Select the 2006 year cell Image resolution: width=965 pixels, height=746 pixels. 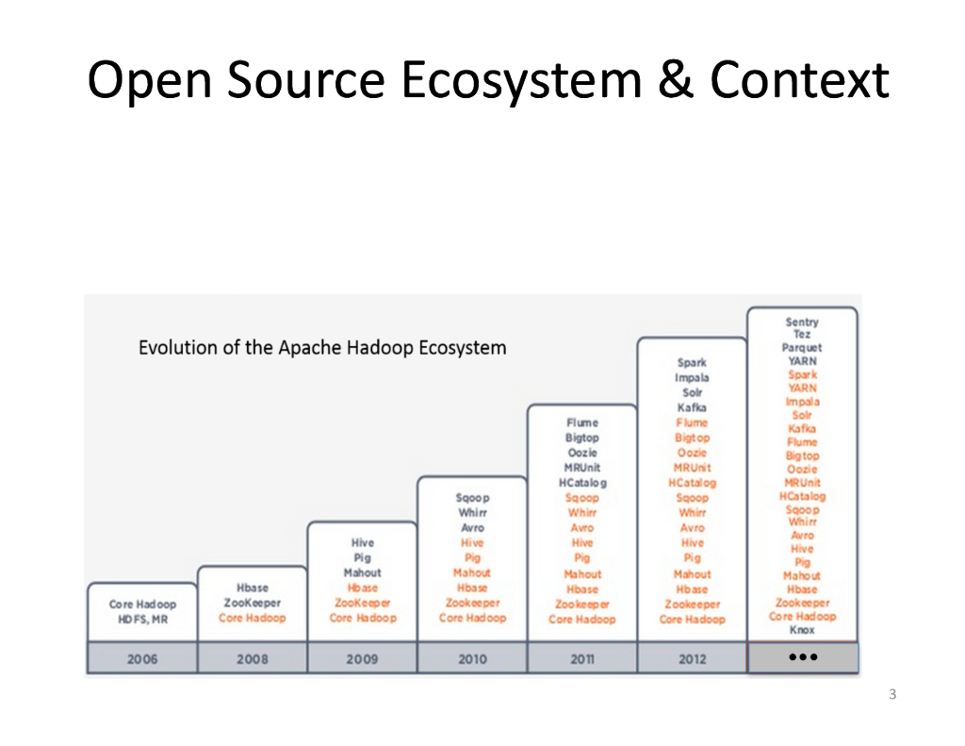tap(142, 658)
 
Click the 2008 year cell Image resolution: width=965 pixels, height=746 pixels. tap(252, 658)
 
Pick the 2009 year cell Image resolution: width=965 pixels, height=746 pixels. tap(362, 658)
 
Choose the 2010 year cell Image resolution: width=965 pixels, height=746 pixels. tap(472, 658)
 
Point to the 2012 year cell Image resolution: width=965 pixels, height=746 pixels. tap(692, 658)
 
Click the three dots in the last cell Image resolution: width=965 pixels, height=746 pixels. tap(802, 656)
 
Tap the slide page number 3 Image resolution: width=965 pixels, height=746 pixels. tap(891, 696)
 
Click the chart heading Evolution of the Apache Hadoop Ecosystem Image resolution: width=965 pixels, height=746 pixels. tap(322, 348)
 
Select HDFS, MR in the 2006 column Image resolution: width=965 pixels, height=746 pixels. tap(142, 620)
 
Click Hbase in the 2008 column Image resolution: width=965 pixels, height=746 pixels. tap(253, 588)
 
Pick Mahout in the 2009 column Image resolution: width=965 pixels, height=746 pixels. tap(362, 572)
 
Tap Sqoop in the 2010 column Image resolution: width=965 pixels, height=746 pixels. tap(472, 497)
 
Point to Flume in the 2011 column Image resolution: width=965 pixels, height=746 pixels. tap(581, 423)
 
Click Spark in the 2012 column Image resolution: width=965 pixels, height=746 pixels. tap(692, 362)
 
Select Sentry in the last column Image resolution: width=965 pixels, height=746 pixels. tap(802, 322)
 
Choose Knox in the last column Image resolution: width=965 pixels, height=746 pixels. tap(802, 630)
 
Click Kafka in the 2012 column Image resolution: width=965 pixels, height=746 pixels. tap(692, 407)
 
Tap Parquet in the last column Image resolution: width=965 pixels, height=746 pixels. tap(802, 347)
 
